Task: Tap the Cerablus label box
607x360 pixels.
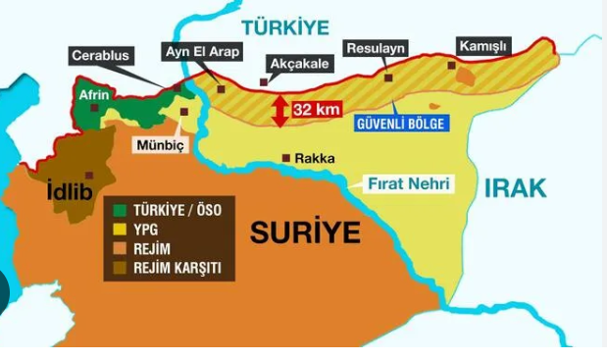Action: pyautogui.click(x=101, y=56)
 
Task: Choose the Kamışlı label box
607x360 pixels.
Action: pyautogui.click(x=483, y=45)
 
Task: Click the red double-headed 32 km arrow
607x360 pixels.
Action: pyautogui.click(x=280, y=110)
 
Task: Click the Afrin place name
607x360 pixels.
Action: pyautogui.click(x=94, y=95)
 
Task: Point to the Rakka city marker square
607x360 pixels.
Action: pyautogui.click(x=285, y=157)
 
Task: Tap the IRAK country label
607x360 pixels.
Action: pyautogui.click(x=515, y=188)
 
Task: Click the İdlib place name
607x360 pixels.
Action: pyautogui.click(x=70, y=192)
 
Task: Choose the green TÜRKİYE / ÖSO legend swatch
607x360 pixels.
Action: pyautogui.click(x=120, y=210)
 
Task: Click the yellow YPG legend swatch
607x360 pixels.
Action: pyautogui.click(x=120, y=229)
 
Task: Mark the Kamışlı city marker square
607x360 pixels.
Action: pyautogui.click(x=451, y=66)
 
